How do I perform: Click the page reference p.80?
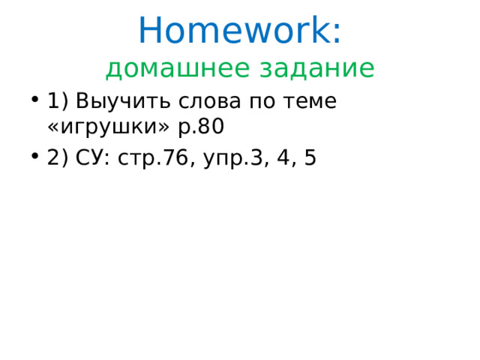(x=200, y=127)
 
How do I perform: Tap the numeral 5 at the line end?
(x=310, y=158)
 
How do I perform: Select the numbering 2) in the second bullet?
(x=57, y=158)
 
